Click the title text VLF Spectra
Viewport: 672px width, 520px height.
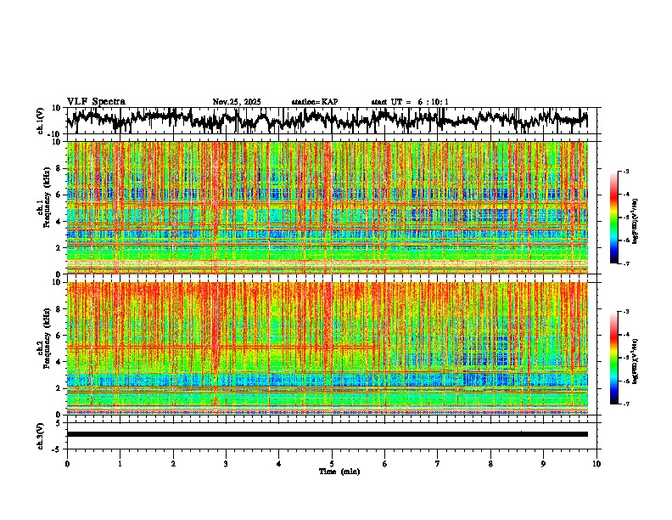[96, 101]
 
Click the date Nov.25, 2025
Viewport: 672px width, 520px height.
[237, 102]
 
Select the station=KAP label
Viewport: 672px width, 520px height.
[314, 102]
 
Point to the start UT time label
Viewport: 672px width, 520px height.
[410, 102]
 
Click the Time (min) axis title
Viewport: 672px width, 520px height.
[339, 471]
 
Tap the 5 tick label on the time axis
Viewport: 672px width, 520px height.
[332, 463]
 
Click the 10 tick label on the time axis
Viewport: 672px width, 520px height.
[596, 463]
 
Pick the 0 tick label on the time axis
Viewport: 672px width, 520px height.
[67, 463]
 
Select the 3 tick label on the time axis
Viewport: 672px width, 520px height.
[226, 463]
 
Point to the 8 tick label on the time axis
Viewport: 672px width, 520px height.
[490, 463]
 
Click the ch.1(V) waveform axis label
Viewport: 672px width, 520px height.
[41, 121]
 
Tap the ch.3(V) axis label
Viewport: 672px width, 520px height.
[41, 434]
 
